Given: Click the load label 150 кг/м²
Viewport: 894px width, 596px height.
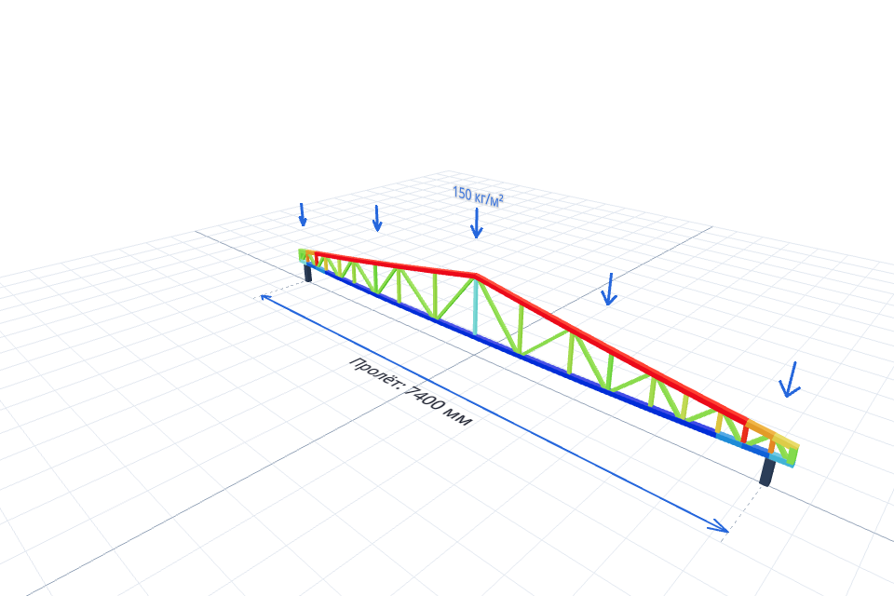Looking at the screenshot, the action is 478,196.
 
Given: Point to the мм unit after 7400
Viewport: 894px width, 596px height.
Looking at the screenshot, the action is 459,419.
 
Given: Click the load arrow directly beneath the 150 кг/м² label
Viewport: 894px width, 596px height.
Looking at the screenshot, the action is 476,223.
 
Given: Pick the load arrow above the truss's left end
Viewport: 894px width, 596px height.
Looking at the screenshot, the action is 303,214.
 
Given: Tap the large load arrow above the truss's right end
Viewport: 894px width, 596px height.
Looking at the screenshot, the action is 791,380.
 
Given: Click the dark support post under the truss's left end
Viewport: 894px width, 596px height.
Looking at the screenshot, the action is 308,273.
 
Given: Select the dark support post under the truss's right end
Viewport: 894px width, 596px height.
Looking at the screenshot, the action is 768,471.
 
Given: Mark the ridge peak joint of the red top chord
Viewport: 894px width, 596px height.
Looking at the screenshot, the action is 476,276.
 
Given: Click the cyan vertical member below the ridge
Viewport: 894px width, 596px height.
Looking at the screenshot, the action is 475,306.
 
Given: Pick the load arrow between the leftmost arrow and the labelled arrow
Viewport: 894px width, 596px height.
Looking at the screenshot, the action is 376,219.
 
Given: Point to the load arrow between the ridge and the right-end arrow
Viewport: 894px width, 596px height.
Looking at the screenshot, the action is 609,290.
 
